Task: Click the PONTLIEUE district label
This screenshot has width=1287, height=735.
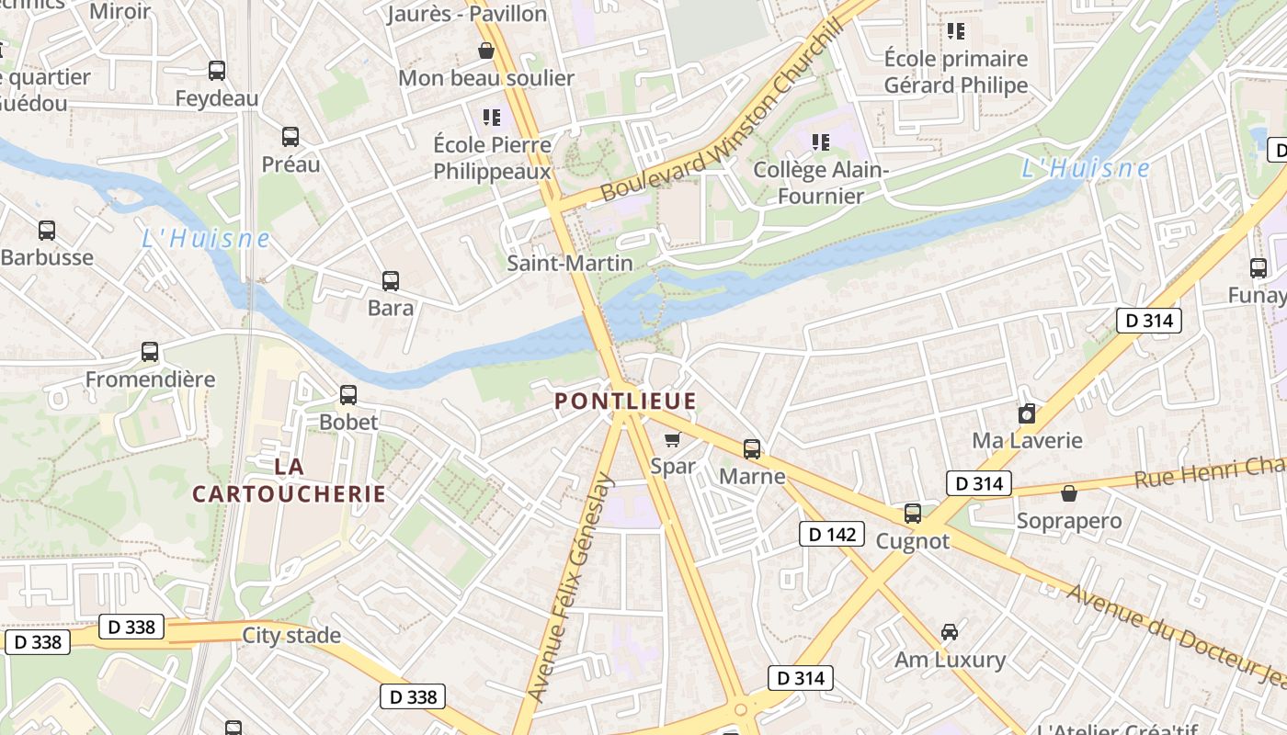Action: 625,401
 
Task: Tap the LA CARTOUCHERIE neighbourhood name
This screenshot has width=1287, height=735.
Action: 289,481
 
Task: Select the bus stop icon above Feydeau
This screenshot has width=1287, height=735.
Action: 217,71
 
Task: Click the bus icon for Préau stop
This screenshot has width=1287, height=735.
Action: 290,137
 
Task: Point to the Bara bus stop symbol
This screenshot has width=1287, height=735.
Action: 391,281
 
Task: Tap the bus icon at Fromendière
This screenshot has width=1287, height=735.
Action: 150,352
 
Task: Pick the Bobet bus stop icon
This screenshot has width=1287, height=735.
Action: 348,395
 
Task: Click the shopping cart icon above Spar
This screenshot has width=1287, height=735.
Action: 672,439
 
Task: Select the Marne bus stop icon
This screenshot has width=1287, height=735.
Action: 752,449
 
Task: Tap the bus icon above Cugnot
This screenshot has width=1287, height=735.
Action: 913,514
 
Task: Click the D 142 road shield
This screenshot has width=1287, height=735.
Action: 831,534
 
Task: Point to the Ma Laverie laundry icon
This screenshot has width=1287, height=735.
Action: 1027,414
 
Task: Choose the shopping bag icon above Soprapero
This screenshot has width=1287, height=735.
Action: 1069,494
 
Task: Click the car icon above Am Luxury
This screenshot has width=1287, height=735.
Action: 950,632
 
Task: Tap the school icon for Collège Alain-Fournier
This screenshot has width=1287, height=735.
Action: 821,142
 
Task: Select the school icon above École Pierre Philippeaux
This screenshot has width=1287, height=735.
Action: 492,117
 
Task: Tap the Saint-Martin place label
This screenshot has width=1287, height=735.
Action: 570,264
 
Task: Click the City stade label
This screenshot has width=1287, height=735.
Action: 291,635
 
